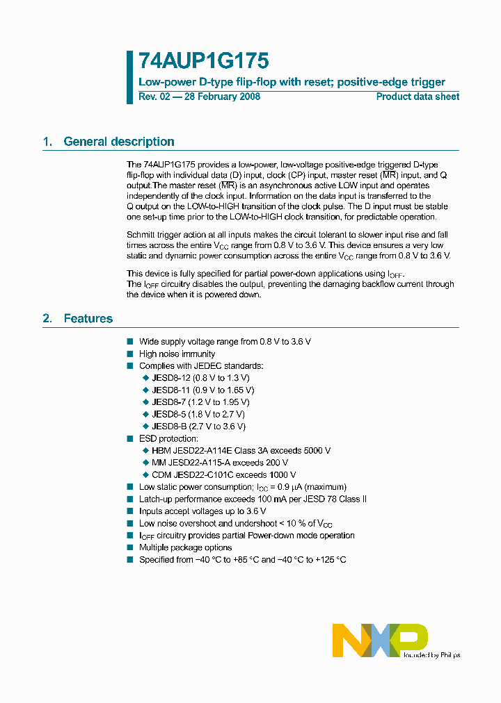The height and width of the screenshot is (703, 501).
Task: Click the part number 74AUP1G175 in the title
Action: click(204, 62)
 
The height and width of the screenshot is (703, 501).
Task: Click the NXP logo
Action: click(379, 640)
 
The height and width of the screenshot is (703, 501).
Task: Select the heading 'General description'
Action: click(119, 142)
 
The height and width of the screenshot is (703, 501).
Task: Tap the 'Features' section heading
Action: click(88, 319)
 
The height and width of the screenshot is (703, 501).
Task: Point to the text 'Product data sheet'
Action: click(417, 97)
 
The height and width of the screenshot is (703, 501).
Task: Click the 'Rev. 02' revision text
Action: click(154, 97)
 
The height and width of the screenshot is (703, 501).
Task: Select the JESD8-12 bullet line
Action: click(200, 377)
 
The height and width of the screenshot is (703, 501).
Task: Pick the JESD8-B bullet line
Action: click(198, 426)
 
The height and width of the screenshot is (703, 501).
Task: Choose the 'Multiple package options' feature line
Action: click(185, 547)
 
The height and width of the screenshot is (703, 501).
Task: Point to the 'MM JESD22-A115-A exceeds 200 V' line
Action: click(219, 463)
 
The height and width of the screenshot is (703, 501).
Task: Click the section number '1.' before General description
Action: click(47, 142)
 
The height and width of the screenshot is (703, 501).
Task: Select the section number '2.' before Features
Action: click(47, 319)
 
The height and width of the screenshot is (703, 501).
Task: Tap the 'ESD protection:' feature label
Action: click(168, 438)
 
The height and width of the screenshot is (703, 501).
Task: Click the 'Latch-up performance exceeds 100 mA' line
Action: click(253, 499)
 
